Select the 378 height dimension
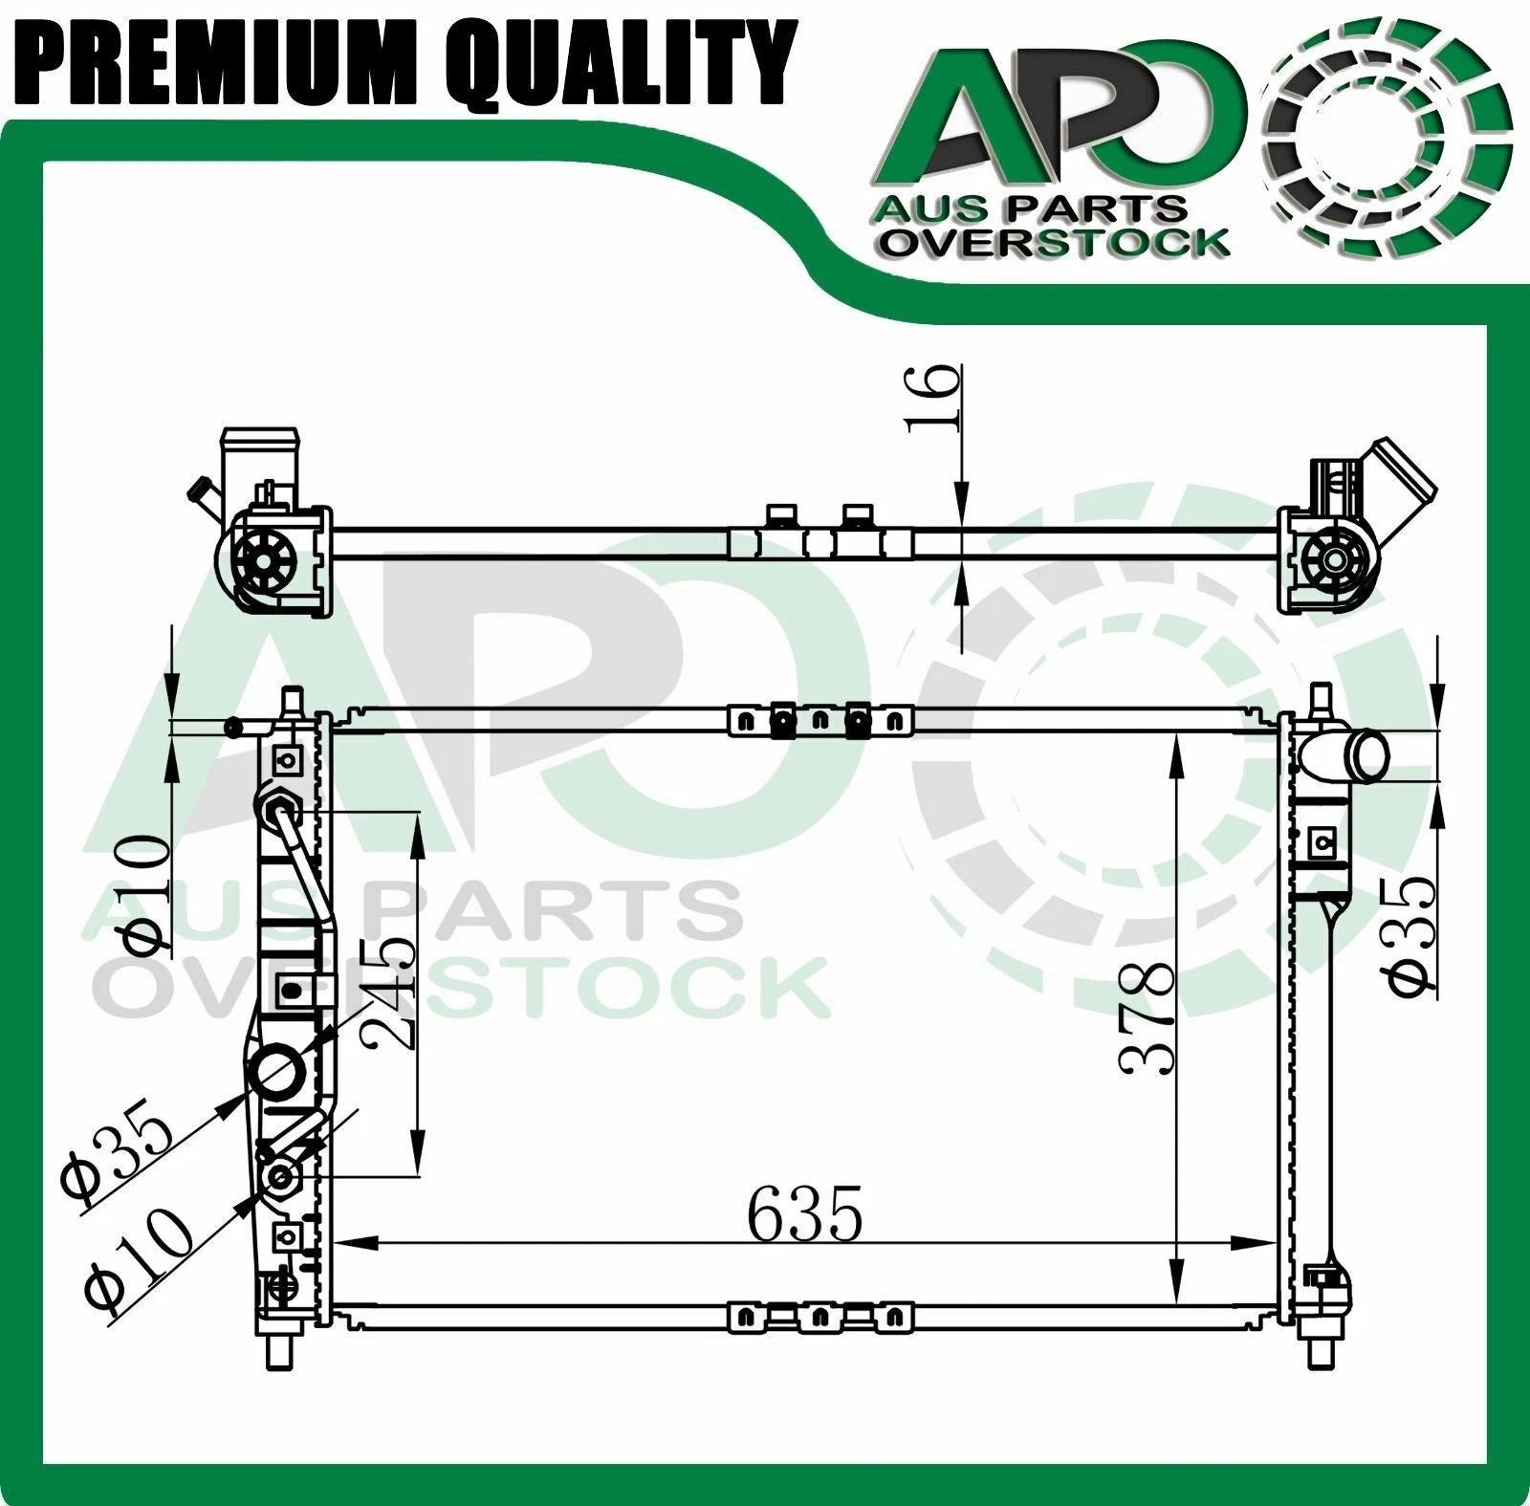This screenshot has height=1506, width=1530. pos(1147,1018)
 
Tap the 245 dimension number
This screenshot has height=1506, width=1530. pos(389,992)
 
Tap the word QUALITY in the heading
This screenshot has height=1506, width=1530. pos(616,61)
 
